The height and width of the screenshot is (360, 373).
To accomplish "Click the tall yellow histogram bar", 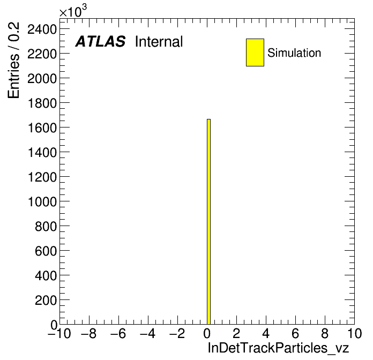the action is click(x=208, y=222).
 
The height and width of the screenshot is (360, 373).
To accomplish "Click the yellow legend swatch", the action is click(x=255, y=52).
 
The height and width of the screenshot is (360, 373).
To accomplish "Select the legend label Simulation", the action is click(x=294, y=53).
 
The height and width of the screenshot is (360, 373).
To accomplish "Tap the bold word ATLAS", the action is click(x=100, y=41).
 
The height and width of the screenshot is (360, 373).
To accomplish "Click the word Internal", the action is click(x=159, y=41).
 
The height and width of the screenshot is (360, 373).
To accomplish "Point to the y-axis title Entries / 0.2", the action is click(x=13, y=60).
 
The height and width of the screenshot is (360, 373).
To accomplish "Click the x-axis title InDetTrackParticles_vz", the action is click(x=278, y=348).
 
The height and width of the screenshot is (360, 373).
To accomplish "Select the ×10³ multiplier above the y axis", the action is click(x=73, y=11).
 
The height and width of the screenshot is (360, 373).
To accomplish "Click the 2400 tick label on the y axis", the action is click(x=42, y=29).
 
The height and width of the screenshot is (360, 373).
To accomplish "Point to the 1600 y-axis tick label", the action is click(x=42, y=128).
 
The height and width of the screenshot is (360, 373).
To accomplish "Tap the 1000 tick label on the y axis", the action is click(x=42, y=202).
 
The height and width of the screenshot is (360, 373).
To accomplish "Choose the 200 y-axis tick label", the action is click(x=46, y=301).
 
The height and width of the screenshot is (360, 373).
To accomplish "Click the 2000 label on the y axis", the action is click(x=42, y=79).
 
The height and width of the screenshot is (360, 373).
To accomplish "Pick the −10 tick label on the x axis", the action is click(x=59, y=334).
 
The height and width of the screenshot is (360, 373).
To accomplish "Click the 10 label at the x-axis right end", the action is click(x=354, y=334).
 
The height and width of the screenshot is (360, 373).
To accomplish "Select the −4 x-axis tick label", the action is click(x=148, y=334).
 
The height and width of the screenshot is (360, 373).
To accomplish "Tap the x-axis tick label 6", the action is click(x=295, y=334).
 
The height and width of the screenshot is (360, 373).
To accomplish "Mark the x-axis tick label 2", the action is click(x=236, y=334).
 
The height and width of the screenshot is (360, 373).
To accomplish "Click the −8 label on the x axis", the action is click(x=89, y=334).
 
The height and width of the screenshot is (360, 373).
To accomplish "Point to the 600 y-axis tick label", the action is click(x=46, y=251).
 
